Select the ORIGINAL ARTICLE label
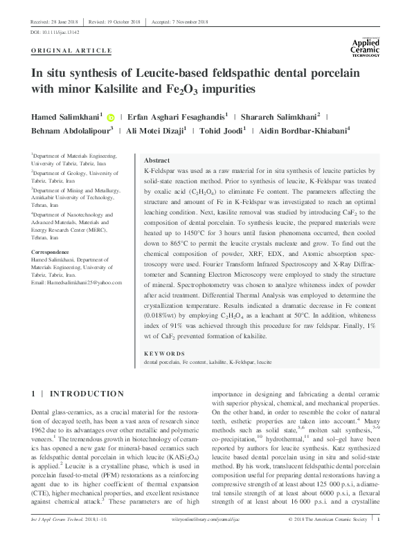pyautogui.click(x=71, y=51)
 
